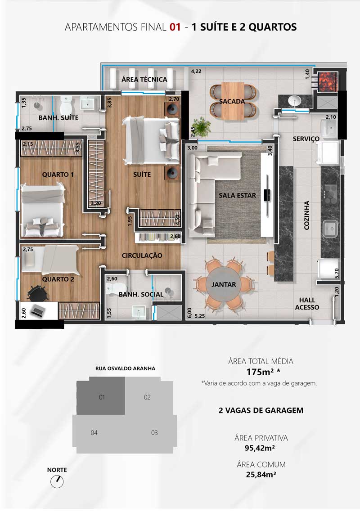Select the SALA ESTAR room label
pyautogui.click(x=238, y=195)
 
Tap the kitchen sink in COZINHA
pyautogui.click(x=330, y=229)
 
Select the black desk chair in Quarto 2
pyautogui.click(x=37, y=293)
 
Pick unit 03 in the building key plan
pyautogui.click(x=154, y=433)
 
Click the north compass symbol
pyautogui.click(x=57, y=481)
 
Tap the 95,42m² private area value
pyautogui.click(x=260, y=448)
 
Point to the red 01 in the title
pyautogui.click(x=175, y=27)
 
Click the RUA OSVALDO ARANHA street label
pyautogui.click(x=125, y=368)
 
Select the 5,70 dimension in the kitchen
pyautogui.click(x=337, y=274)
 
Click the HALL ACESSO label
pyautogui.click(x=307, y=304)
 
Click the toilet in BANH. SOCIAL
pyautogui.click(x=112, y=289)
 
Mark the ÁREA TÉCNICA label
pyautogui.click(x=144, y=79)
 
